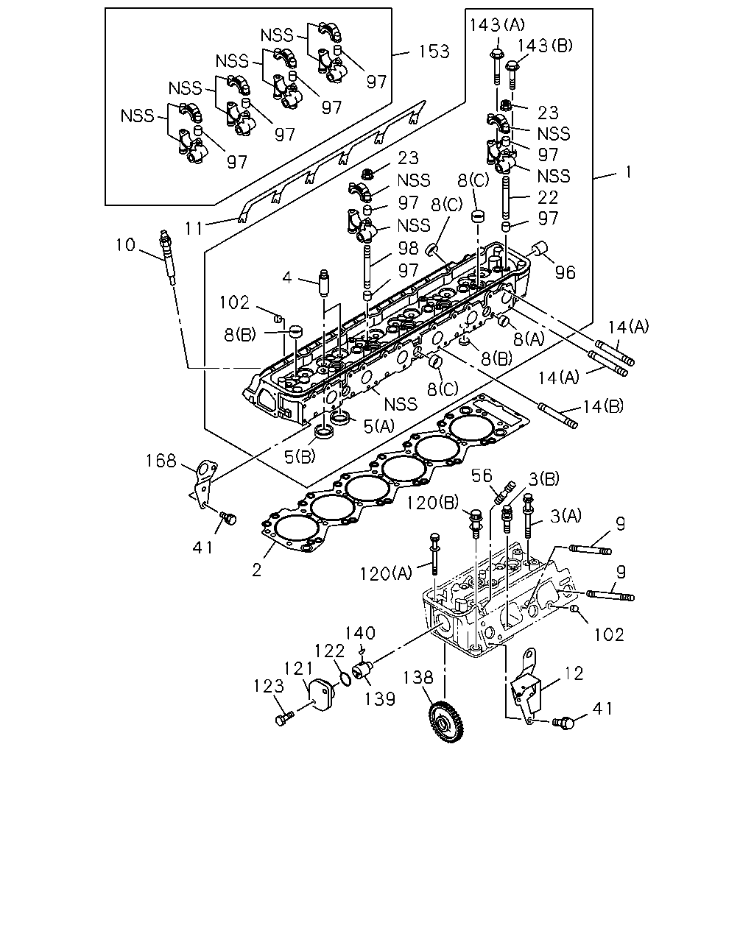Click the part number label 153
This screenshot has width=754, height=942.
coord(434,52)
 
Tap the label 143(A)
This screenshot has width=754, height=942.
coord(497,25)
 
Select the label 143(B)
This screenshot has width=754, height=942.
coord(546,45)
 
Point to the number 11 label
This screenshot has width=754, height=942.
coord(194,228)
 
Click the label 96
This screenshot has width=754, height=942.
coord(565,273)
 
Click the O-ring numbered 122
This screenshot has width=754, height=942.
coord(345,679)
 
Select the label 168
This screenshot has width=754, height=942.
coord(161,461)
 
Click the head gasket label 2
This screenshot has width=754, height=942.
coord(257,570)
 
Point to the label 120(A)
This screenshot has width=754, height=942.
coord(386,573)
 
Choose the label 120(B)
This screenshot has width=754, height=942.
coord(432,503)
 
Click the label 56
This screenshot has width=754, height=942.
coord(482,475)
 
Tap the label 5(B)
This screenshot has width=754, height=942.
coord(300,457)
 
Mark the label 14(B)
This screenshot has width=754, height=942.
coord(603,407)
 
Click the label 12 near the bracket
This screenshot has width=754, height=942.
coord(574,673)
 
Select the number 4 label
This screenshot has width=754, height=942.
coord(287,277)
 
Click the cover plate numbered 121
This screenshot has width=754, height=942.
coord(321,695)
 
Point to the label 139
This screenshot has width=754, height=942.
coord(380,699)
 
